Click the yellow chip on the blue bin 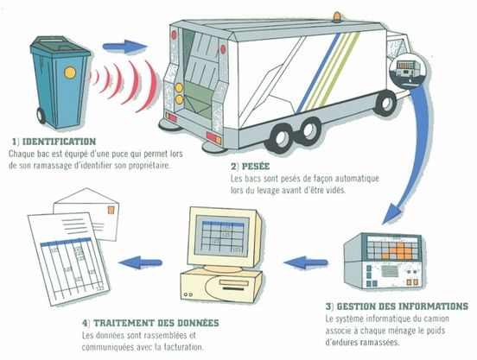click(x=70, y=73)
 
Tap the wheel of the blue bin click(x=41, y=116)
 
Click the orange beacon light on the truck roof click(x=337, y=17)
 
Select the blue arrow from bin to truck click(x=124, y=47)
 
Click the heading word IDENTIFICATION click(x=60, y=142)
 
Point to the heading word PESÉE click(x=256, y=167)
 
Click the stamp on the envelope click(x=111, y=211)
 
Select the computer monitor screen click(x=223, y=235)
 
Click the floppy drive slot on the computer click(x=233, y=284)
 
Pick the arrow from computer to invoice click(x=140, y=262)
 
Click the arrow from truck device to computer click(x=306, y=262)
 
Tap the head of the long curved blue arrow click(x=391, y=214)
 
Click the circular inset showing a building click(x=408, y=70)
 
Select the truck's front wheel click(x=385, y=103)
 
